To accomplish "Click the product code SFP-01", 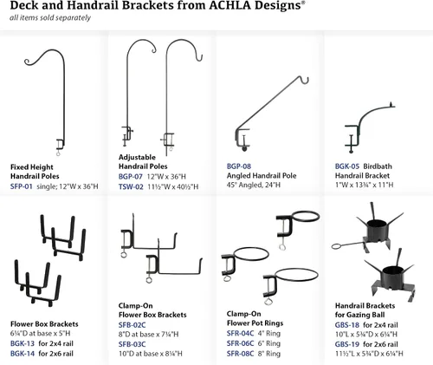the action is coord(22,186).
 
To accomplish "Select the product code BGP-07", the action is coord(131,177).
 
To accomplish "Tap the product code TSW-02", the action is coord(131,187).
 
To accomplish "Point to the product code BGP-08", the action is coord(239,166).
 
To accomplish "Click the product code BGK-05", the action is coord(347,166).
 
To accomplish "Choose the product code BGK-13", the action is coord(23,343).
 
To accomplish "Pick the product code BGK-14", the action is coord(23,354).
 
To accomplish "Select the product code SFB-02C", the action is coord(132,325).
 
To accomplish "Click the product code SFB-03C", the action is coord(132,344).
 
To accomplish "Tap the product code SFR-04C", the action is coord(240,334).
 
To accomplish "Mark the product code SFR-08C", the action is coord(240,354).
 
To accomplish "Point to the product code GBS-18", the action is coord(347,325).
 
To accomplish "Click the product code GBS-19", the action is coord(347,344).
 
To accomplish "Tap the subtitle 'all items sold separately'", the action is coord(50,18).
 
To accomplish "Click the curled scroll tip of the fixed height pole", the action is coord(27,62).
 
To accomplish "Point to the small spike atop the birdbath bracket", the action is coord(391,103).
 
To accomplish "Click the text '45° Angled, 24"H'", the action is coord(254,185).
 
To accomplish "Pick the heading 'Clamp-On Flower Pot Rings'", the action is coord(255,318).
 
